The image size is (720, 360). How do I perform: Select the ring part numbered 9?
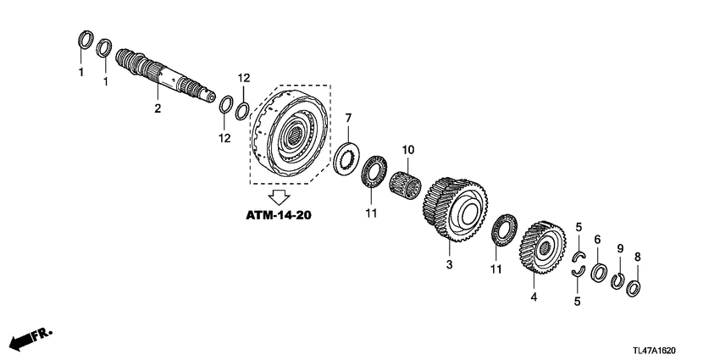(x=618, y=280)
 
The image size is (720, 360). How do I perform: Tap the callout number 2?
(x=157, y=108)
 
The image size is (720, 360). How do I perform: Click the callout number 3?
(x=450, y=265)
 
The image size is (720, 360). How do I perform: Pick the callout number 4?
(x=534, y=297)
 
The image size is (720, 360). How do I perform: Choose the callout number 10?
(x=407, y=150)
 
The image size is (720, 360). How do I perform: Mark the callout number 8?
(x=637, y=257)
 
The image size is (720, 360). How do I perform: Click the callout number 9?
(x=619, y=248)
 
